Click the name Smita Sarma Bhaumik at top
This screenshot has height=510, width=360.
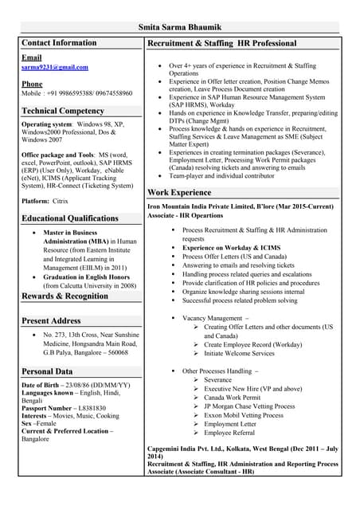pyautogui.click(x=180, y=27)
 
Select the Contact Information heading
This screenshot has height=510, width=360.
pyautogui.click(x=59, y=43)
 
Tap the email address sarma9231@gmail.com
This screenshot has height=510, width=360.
pyautogui.click(x=55, y=68)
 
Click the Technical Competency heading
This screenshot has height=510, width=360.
pyautogui.click(x=63, y=111)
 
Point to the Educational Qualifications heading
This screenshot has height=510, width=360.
pyautogui.click(x=70, y=218)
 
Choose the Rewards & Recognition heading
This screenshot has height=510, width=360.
pyautogui.click(x=65, y=296)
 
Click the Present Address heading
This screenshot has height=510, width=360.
pyautogui.click(x=52, y=320)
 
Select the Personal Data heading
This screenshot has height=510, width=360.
pyautogui.click(x=47, y=371)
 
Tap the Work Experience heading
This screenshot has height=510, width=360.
pyautogui.click(x=179, y=193)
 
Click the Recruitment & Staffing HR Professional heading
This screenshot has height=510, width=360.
pyautogui.click(x=222, y=43)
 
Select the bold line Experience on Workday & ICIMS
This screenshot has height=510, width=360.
pyautogui.click(x=231, y=247)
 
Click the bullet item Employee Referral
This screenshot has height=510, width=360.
pyautogui.click(x=230, y=433)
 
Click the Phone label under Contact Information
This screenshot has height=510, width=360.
pyautogui.click(x=32, y=84)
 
